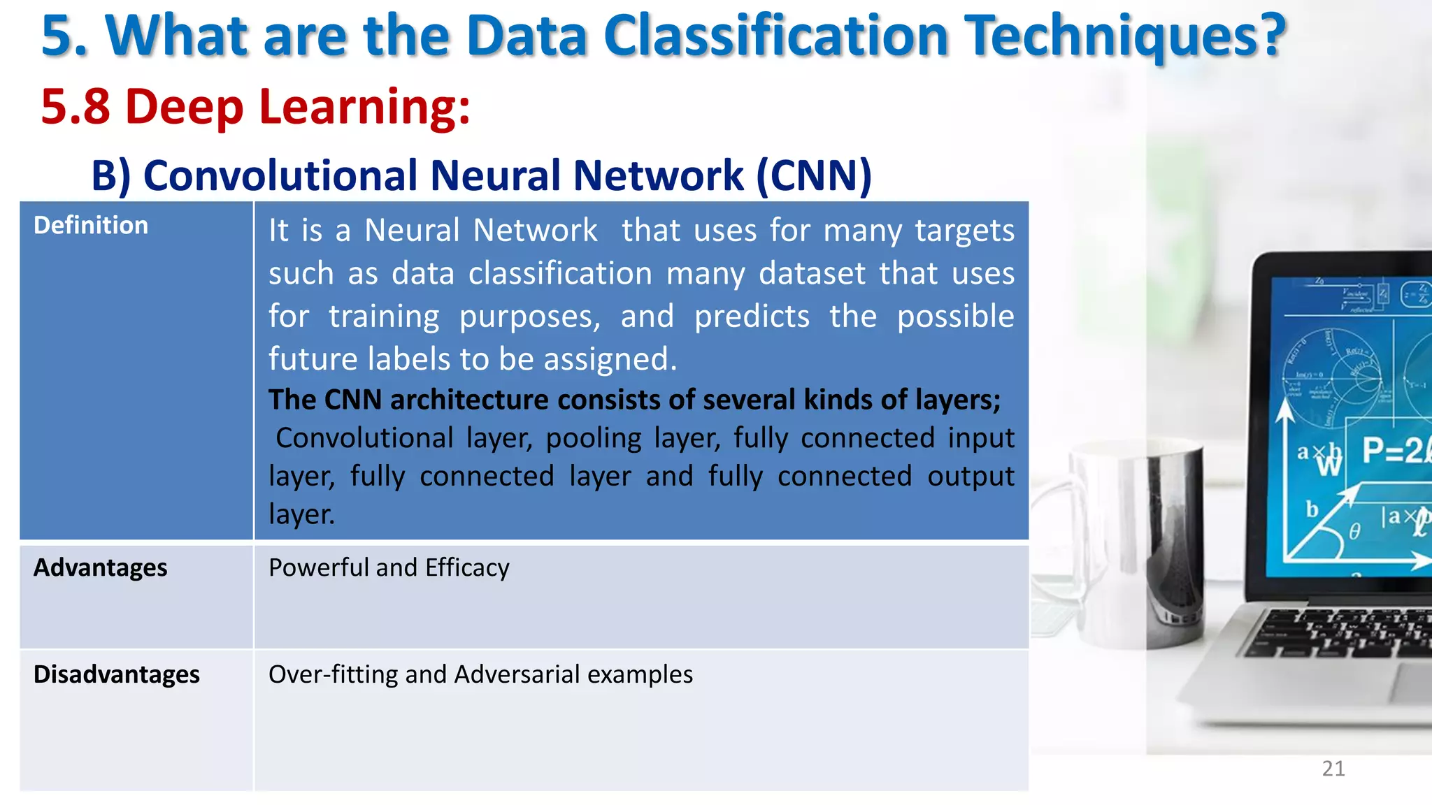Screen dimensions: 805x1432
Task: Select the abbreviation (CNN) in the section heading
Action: coord(814,175)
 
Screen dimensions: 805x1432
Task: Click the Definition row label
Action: coord(91,226)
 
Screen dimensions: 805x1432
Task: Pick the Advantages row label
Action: coord(100,567)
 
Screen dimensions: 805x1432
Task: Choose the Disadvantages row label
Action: coord(116,674)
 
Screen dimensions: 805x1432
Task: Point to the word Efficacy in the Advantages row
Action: coord(467,568)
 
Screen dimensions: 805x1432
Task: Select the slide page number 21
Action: coord(1333,769)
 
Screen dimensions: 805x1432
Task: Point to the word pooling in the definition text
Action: coord(593,439)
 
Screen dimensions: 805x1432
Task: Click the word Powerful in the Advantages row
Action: coord(318,567)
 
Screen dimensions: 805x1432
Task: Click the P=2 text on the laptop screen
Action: coord(1391,451)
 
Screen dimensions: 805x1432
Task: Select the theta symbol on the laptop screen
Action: coord(1354,532)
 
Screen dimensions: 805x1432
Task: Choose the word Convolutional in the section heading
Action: coord(280,175)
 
